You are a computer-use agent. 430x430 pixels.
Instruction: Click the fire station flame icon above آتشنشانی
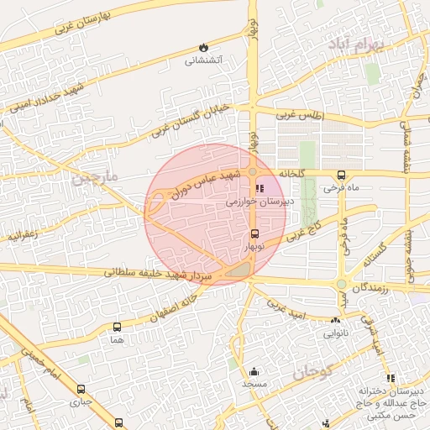click(202, 47)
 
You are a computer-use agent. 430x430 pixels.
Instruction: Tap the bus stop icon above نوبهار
click(254, 233)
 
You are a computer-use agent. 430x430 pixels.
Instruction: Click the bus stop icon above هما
click(117, 327)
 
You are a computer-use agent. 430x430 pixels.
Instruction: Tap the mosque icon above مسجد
click(254, 370)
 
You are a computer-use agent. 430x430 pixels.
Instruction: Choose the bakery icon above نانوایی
click(335, 320)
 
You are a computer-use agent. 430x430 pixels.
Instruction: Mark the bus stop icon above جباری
click(81, 389)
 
